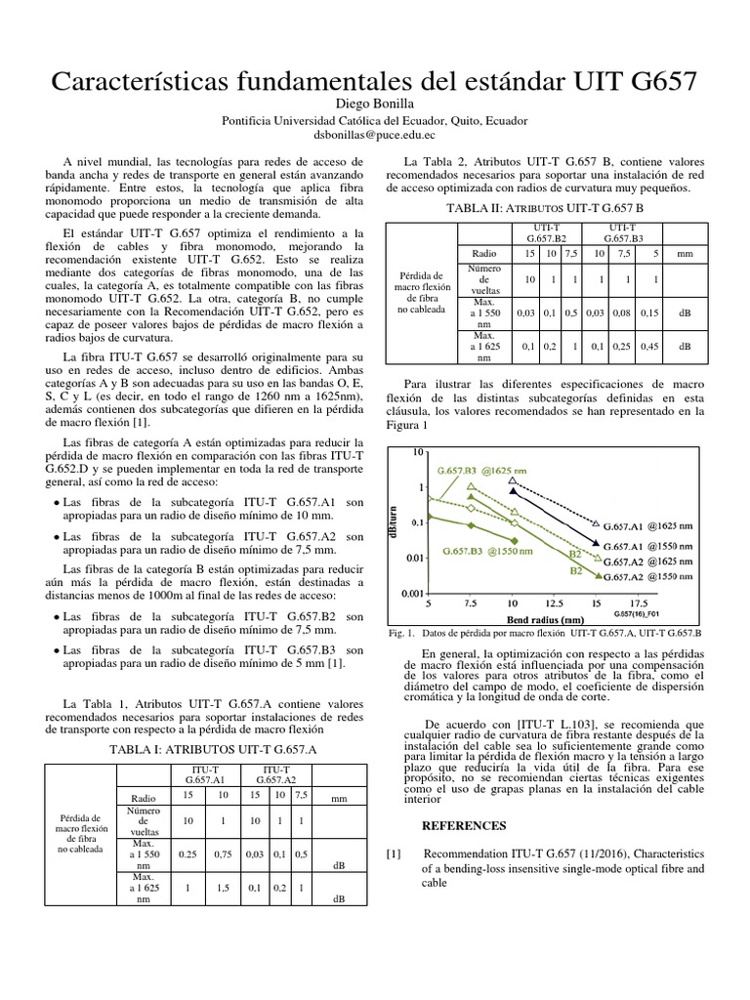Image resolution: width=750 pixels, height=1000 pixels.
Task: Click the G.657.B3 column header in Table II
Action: (x=621, y=232)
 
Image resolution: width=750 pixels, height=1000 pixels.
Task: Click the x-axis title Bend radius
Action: (x=546, y=619)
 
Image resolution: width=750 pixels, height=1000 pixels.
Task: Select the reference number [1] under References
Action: (x=393, y=854)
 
